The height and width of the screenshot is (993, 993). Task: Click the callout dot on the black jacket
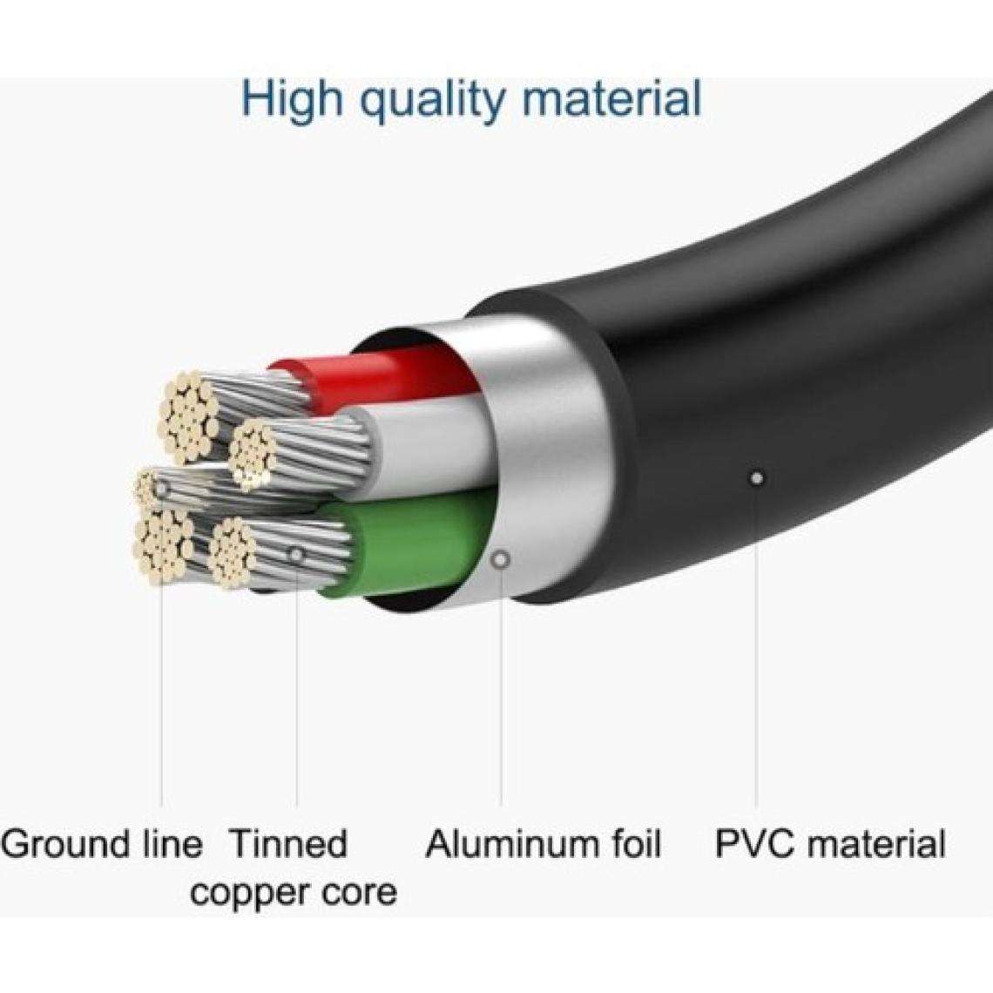pyautogui.click(x=757, y=477)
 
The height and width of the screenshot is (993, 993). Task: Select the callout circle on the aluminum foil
pyautogui.click(x=501, y=559)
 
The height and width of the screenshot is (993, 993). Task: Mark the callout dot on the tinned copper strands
pyautogui.click(x=297, y=554)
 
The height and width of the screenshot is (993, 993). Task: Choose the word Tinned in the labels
pyautogui.click(x=288, y=843)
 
